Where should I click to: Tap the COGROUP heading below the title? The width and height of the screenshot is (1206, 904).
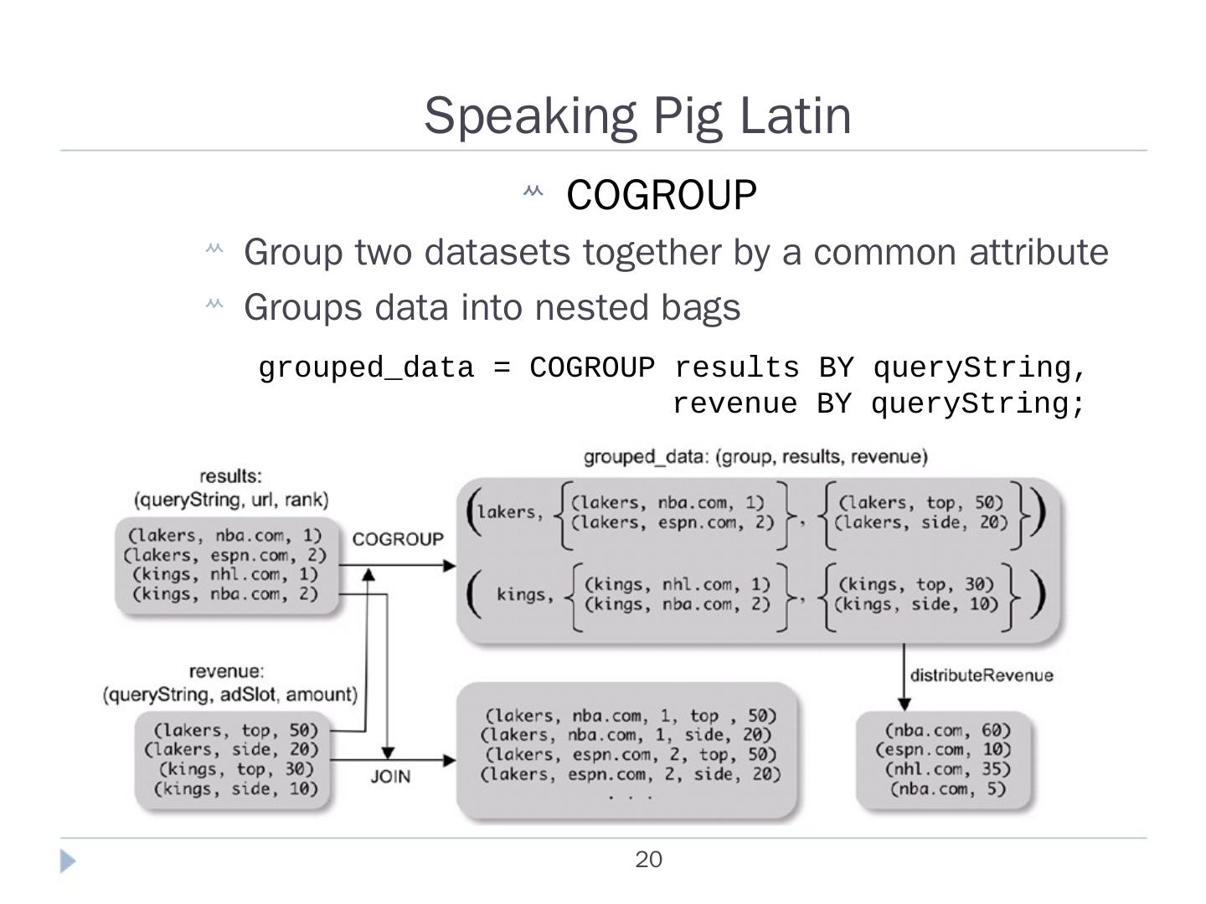[661, 195]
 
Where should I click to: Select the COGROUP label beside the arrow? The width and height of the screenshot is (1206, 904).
[398, 539]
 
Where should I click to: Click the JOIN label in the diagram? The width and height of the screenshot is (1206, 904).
[390, 777]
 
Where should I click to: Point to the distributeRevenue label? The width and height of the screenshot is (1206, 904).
[982, 675]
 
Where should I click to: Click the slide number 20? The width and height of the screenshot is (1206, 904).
[648, 860]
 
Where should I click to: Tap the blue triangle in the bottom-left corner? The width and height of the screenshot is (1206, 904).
[68, 861]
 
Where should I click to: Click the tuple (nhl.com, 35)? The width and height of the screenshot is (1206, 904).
[948, 769]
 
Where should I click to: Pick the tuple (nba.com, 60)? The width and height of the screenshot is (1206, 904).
[948, 730]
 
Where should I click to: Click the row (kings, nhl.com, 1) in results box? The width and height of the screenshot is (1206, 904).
[225, 575]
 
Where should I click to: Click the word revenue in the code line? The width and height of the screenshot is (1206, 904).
[734, 404]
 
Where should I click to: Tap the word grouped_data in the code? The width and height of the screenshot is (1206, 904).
[366, 368]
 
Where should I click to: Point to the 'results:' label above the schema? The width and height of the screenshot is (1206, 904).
[230, 476]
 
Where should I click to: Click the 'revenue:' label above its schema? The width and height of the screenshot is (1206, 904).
[226, 671]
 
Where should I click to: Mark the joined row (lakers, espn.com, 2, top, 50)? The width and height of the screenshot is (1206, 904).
[630, 755]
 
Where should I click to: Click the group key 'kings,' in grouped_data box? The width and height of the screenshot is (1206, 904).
[525, 595]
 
